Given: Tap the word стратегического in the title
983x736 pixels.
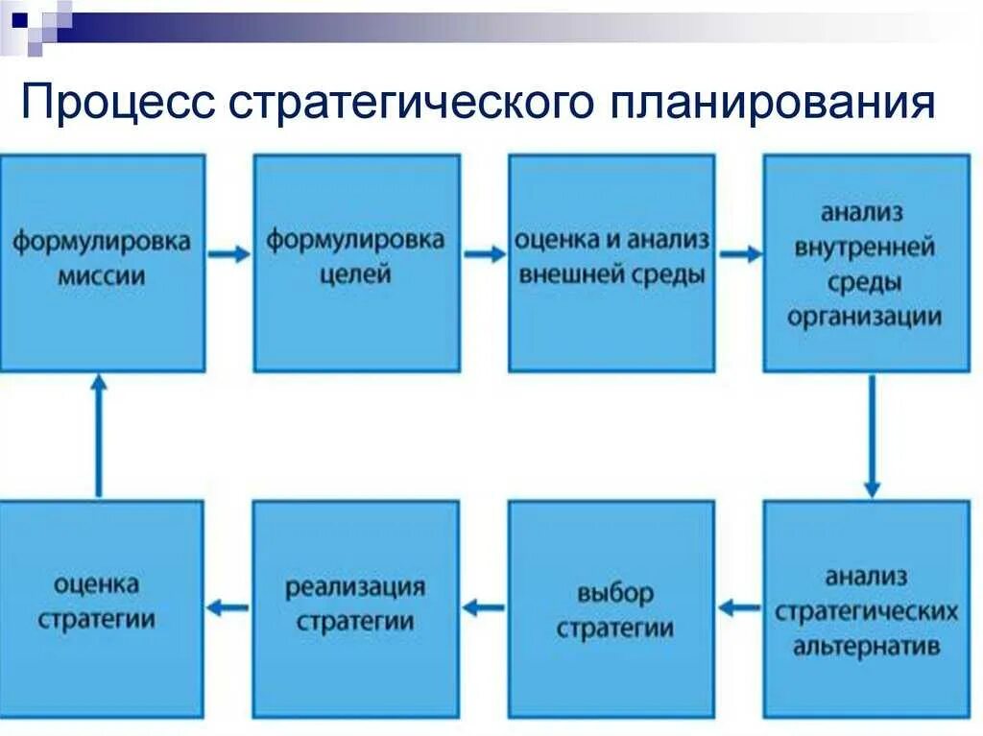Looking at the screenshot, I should [x=397, y=103].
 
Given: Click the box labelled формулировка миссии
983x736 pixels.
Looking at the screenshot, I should [x=102, y=263].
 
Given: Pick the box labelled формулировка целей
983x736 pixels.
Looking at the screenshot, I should [x=356, y=263].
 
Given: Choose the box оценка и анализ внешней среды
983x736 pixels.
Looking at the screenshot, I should [x=611, y=263].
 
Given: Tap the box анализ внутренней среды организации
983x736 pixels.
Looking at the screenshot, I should [x=866, y=263].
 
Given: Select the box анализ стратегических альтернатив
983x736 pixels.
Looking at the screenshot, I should [x=866, y=608].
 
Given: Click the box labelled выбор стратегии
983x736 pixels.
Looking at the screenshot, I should [x=611, y=608].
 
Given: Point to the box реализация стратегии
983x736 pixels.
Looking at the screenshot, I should [x=356, y=608].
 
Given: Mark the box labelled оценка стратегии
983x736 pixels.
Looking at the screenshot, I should [x=102, y=608].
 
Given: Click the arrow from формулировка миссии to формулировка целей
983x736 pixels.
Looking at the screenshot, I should [x=229, y=253].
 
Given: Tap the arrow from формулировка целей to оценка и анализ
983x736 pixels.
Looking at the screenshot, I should [x=484, y=253].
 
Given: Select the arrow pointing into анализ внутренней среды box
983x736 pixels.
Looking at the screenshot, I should [x=740, y=253].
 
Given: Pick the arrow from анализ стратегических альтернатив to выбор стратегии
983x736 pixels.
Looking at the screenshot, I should [x=739, y=607].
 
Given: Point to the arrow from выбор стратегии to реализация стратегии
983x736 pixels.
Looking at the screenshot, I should [x=484, y=607].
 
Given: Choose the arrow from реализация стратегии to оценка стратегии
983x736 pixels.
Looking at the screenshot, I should [x=228, y=607].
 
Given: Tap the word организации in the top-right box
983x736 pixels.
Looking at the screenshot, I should [x=864, y=316].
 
